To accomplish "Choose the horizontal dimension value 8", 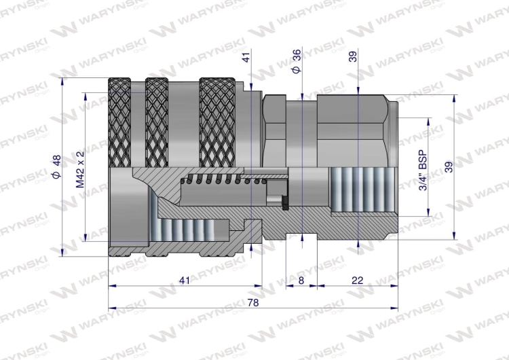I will coord(301,280).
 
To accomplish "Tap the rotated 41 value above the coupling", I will coord(246,58).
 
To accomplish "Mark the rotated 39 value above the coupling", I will coord(353,58).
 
